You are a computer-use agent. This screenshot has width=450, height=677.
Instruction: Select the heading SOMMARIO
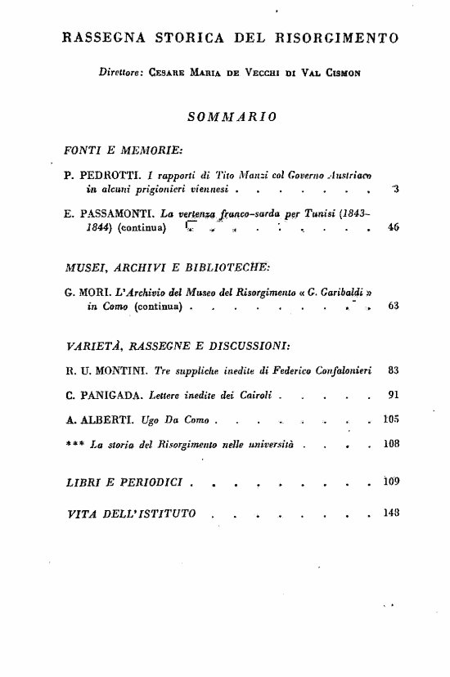232,116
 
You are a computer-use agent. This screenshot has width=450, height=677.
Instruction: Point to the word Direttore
120,72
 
